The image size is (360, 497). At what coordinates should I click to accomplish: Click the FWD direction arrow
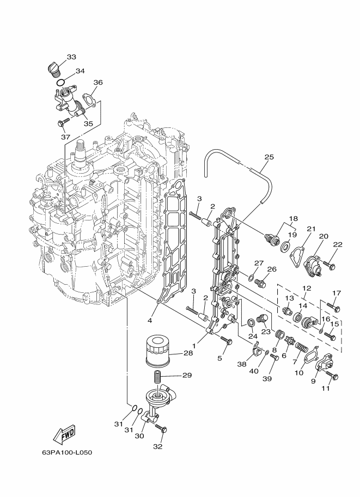64,434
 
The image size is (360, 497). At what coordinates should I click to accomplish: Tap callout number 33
71,57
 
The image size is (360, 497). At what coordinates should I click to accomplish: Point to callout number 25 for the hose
268,157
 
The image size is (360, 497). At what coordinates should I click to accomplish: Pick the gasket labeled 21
299,253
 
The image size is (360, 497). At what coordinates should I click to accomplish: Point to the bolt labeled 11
333,376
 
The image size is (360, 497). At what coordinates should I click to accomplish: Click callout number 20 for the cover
324,236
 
